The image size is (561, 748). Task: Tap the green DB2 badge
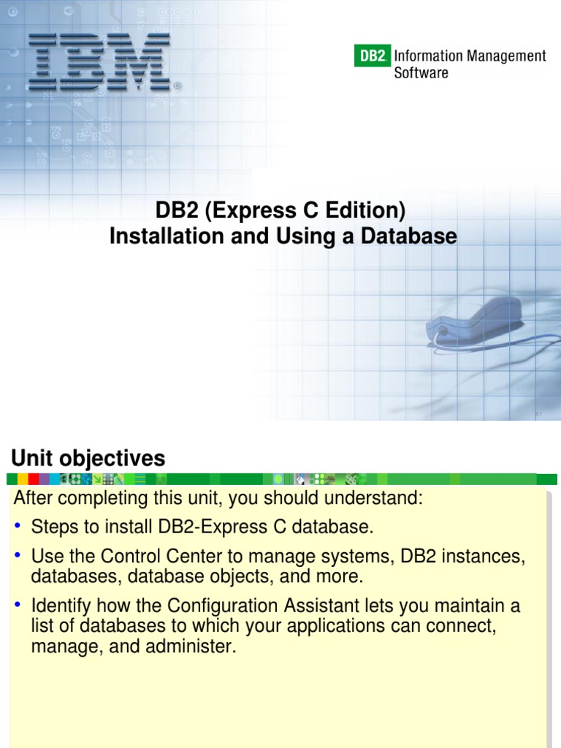pyautogui.click(x=372, y=56)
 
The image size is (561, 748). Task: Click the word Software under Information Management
pyautogui.click(x=421, y=73)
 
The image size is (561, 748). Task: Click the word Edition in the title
pyautogui.click(x=364, y=210)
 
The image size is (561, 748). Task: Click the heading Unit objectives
pyautogui.click(x=88, y=459)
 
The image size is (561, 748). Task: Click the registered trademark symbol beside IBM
pyautogui.click(x=178, y=86)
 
